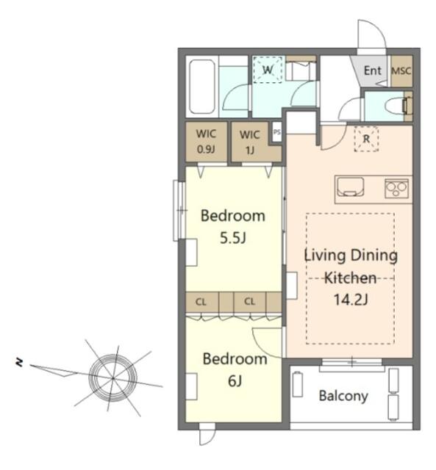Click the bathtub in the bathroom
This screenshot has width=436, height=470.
202,87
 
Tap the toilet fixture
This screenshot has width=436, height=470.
396,106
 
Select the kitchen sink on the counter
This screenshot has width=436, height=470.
351,187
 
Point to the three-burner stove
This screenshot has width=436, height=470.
396,189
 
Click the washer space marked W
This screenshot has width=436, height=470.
268,70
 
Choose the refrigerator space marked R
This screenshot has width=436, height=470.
366,139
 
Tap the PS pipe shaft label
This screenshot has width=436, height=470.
277,132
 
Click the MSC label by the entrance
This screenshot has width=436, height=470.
401,71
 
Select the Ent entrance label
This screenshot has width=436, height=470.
372,70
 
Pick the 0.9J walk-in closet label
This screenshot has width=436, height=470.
206,149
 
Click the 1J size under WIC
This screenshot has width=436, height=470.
250,150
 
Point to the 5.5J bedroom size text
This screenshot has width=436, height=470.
233,238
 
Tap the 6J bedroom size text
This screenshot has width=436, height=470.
235,381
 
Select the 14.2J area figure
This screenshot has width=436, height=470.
351,300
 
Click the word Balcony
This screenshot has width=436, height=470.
343,396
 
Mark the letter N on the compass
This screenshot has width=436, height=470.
19,362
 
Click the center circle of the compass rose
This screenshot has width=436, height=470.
112,377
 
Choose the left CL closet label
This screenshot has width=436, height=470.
201,302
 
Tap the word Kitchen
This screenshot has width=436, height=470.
350,278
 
